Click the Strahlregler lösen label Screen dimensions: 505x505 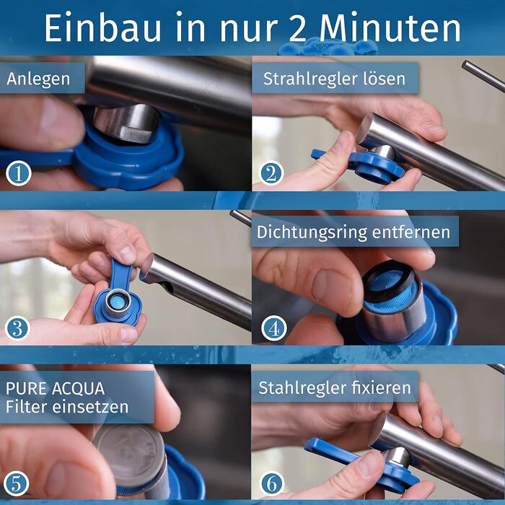click(335, 78)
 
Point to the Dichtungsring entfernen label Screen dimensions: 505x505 click(353, 232)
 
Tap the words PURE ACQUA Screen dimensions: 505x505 click(55, 387)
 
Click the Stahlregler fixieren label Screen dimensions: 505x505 click(335, 387)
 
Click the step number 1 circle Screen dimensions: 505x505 click(17, 174)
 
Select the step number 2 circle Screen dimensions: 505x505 click(271, 174)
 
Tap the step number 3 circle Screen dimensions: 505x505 click(17, 328)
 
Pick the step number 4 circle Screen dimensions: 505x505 click(271, 328)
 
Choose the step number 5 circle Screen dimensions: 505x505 click(17, 483)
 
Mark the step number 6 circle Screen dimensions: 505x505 click(271, 483)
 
